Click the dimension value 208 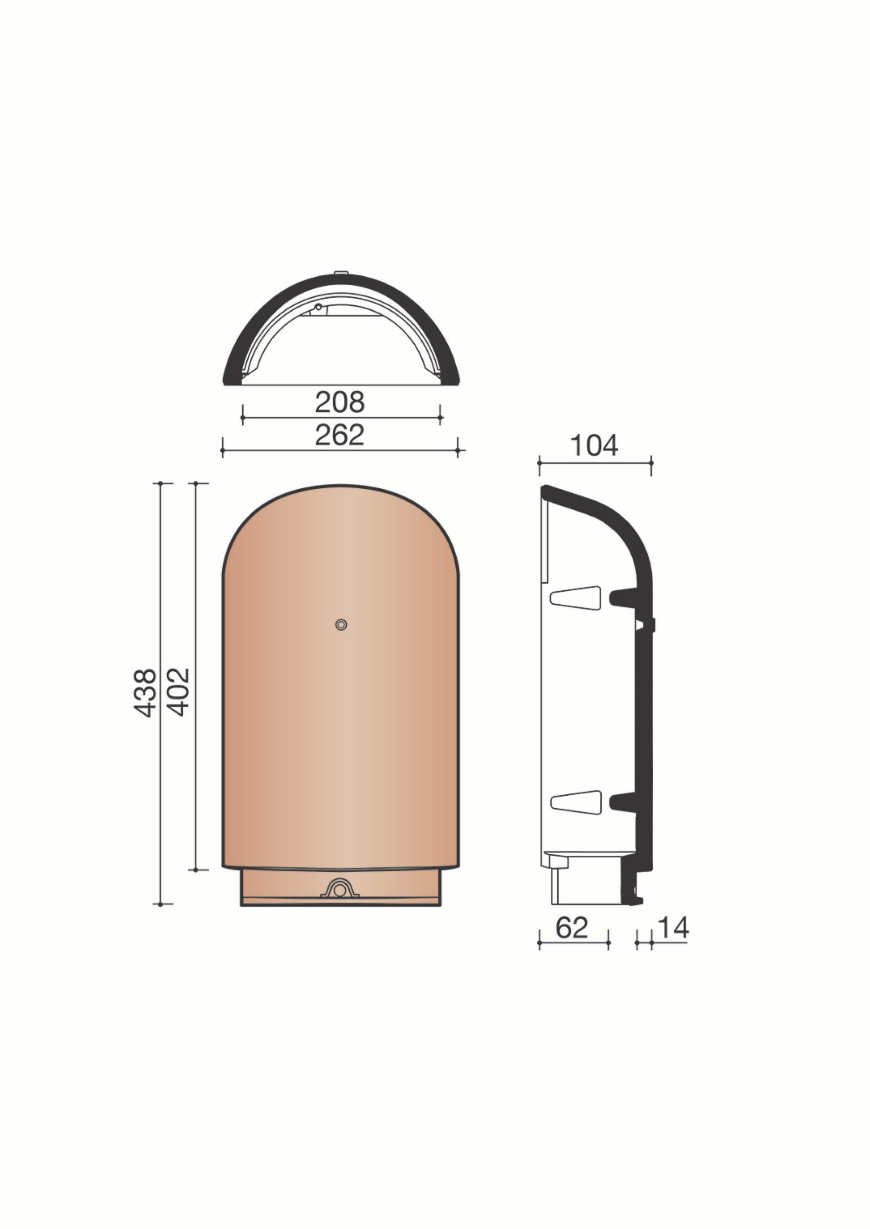pos(340,402)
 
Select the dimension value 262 pos(340,436)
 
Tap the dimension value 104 pos(594,445)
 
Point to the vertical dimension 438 pos(144,692)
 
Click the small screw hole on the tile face pos(341,624)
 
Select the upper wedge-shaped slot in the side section pos(575,598)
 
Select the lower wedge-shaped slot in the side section pos(575,802)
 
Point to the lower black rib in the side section pos(623,801)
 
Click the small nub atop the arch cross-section pos(341,273)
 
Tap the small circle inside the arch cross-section pos(318,307)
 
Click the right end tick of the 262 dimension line pos(458,451)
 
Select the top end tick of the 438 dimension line pos(161,483)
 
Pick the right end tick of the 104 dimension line pos(651,463)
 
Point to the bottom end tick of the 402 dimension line pos(196,870)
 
